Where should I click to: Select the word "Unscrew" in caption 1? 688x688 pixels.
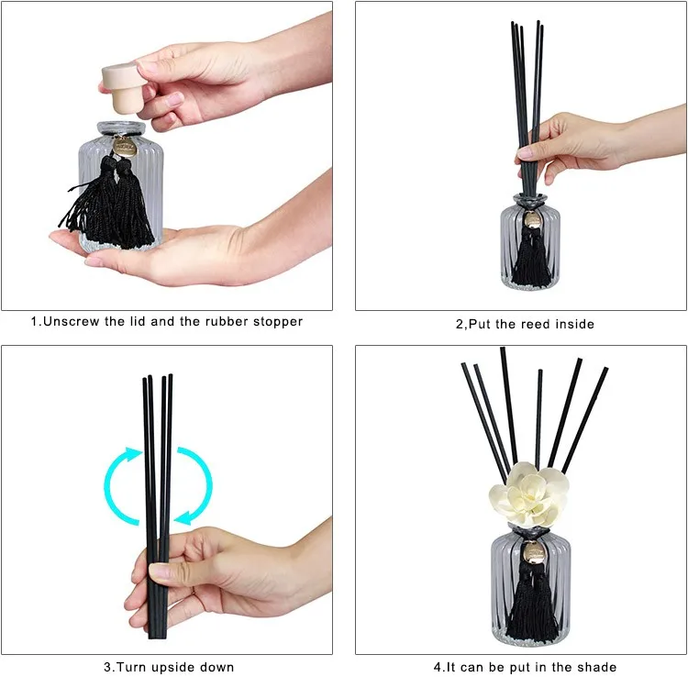[x=70, y=322]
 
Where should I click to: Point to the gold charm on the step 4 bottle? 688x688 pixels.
[x=532, y=553]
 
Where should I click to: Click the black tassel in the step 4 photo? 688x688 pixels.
[x=531, y=601]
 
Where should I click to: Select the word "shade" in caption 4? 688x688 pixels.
[x=597, y=667]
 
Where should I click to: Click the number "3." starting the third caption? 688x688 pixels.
[x=107, y=667]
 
